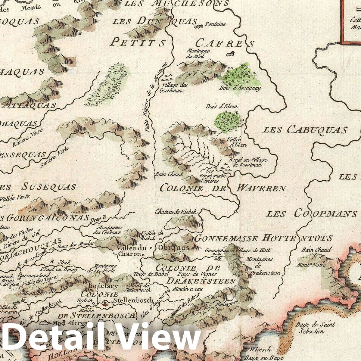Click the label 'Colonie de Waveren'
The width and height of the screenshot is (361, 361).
tap(223, 188)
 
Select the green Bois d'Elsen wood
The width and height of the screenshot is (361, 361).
tap(228, 121)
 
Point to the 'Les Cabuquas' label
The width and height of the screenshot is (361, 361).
tap(305, 130)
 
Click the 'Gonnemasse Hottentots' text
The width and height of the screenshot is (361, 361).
tap(264, 238)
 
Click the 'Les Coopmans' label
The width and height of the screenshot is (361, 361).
tap(312, 214)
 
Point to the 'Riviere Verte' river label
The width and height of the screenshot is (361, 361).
tap(54, 157)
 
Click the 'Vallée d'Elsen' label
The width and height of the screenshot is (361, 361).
tap(238, 142)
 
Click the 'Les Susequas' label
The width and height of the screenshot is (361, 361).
tap(39, 187)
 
